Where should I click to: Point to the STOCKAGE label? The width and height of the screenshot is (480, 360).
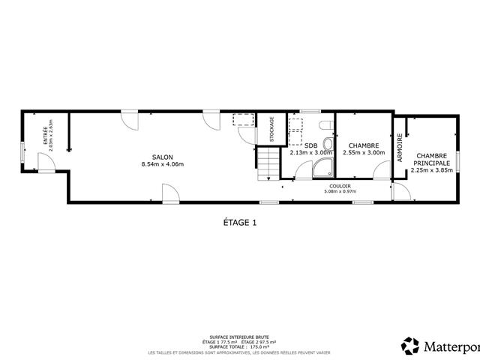tap(271, 129)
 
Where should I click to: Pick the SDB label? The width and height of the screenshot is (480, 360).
tap(310, 145)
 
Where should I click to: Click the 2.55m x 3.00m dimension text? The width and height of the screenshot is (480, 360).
tap(363, 153)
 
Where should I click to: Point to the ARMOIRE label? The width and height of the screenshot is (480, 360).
tap(400, 148)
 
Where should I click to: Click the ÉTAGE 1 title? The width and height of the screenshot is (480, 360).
tap(240, 222)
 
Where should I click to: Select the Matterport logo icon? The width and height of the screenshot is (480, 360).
tap(410, 346)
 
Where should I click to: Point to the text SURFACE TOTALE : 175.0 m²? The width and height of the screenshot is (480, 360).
tap(240, 346)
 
